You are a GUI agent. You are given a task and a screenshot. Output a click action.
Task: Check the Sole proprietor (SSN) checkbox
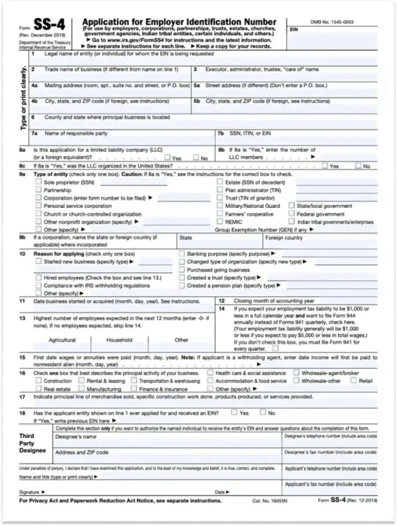(38, 182)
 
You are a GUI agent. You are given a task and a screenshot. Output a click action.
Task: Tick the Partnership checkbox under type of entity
(38, 190)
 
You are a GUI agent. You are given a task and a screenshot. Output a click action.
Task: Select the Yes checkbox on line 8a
(167, 157)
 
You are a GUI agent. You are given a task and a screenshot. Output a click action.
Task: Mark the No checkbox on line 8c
(358, 166)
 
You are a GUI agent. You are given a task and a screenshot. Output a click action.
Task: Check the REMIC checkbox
(220, 221)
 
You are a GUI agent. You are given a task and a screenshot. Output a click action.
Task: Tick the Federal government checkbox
(291, 214)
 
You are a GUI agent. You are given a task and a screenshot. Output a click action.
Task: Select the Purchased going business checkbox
(181, 270)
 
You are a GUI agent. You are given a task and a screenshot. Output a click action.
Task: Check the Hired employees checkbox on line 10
(38, 278)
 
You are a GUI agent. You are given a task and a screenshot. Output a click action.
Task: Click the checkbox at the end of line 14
(275, 348)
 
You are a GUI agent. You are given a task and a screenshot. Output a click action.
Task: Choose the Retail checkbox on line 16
(353, 381)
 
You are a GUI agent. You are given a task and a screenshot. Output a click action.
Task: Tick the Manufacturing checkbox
(81, 388)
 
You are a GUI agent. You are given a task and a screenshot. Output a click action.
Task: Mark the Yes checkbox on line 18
(234, 413)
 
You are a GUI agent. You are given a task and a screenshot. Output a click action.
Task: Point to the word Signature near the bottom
(29, 492)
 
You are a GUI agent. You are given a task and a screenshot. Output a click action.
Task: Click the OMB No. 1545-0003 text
(332, 22)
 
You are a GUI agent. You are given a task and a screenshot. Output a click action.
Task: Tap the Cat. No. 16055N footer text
(270, 501)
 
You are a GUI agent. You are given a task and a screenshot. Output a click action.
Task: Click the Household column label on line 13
(119, 340)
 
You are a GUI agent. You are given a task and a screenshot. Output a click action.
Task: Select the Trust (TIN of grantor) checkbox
(220, 198)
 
